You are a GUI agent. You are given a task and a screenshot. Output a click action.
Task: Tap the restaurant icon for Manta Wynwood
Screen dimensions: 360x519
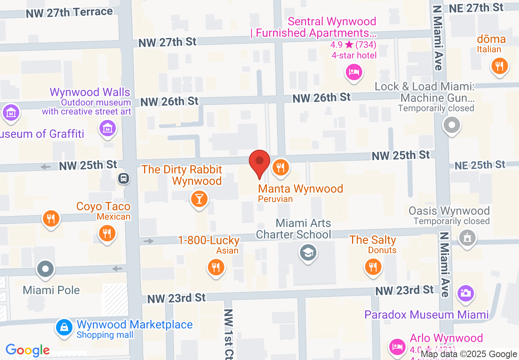coord(280,167)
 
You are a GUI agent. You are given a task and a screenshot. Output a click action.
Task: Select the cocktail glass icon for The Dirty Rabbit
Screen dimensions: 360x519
coord(199,199)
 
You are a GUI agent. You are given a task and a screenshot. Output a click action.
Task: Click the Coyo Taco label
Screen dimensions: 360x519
coord(104,207)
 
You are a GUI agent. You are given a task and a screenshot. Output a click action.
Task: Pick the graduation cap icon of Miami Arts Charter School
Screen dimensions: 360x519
coord(308,252)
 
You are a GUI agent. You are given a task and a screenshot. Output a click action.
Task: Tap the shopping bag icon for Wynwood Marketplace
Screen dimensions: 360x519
coord(64,327)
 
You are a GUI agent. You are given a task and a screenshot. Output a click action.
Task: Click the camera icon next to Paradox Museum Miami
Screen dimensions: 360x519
coord(465,292)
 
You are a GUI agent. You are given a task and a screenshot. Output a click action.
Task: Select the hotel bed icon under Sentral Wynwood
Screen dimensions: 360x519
coord(353,72)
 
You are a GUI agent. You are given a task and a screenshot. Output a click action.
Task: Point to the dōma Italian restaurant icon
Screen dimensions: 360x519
coord(499,65)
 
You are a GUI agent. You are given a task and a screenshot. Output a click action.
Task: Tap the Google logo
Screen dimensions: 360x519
coord(28,350)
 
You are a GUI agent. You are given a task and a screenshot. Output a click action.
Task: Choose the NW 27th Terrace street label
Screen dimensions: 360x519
coord(69,13)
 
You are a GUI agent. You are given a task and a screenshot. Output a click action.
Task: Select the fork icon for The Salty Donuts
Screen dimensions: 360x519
coord(373,267)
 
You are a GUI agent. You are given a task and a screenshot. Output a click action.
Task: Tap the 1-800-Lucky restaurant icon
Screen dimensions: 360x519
coord(215,267)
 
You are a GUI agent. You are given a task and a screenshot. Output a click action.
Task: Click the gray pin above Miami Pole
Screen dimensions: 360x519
coord(45,269)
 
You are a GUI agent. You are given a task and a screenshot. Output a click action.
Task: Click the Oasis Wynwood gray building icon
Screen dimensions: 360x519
coord(467,237)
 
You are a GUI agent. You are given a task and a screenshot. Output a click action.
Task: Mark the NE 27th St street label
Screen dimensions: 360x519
coord(476,8)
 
